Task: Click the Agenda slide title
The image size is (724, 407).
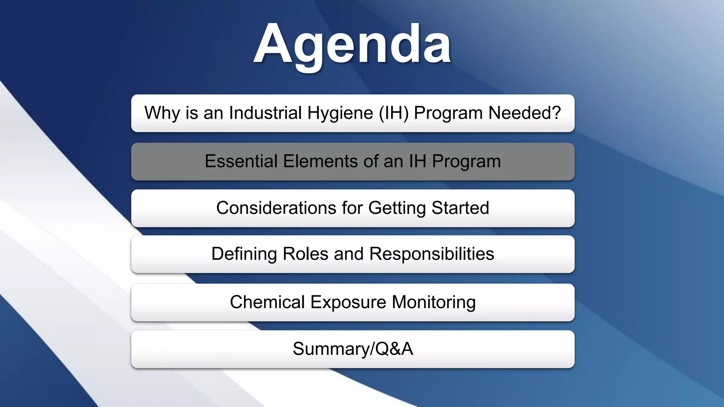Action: point(352,44)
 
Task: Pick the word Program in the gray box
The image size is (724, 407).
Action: point(466,162)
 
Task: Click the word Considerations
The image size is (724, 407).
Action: point(276,208)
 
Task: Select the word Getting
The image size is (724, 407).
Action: point(397,208)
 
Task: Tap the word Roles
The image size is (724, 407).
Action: point(305,254)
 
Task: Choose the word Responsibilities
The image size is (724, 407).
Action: point(432,254)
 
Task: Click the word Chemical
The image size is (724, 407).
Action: point(267,302)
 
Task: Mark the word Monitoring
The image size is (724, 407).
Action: point(434,303)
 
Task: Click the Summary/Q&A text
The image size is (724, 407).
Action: point(353,349)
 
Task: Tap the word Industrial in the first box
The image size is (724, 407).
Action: point(265,113)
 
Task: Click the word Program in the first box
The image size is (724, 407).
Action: point(448,114)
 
